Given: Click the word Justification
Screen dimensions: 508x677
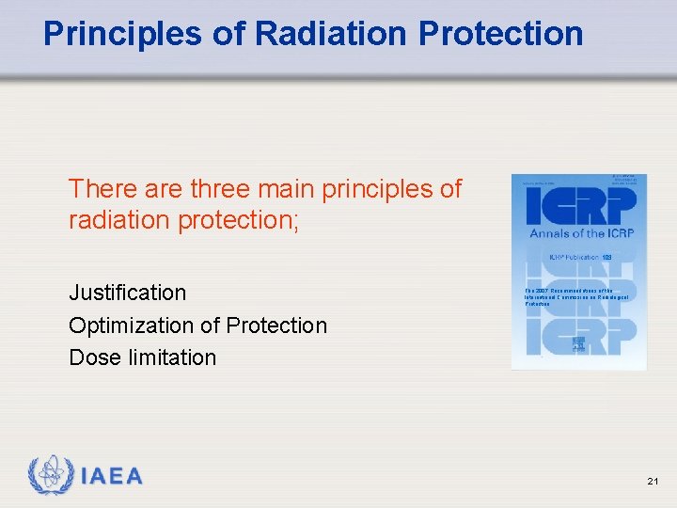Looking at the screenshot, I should (x=128, y=293).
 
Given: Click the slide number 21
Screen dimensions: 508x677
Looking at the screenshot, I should (x=653, y=482).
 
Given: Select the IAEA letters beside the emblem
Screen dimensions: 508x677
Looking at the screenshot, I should (x=112, y=477).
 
